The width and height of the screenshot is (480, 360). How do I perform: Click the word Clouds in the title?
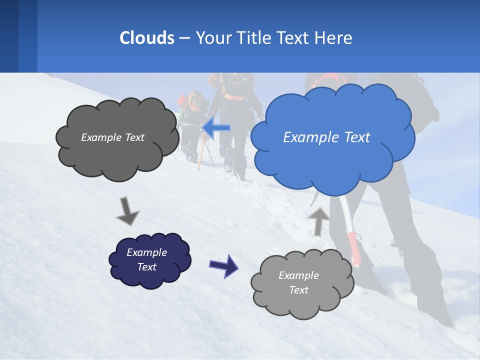pyautogui.click(x=146, y=38)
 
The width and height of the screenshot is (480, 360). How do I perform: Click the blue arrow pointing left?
pyautogui.click(x=216, y=128)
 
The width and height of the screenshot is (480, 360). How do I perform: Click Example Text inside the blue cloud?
pyautogui.click(x=326, y=137)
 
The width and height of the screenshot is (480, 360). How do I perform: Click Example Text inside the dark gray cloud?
pyautogui.click(x=112, y=137)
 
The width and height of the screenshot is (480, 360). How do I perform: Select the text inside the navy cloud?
pyautogui.click(x=146, y=260)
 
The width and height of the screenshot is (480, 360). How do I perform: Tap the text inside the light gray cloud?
pyautogui.click(x=298, y=282)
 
